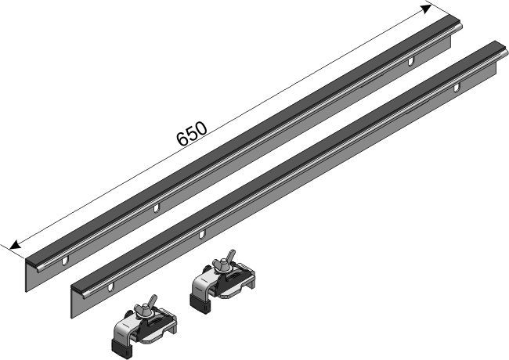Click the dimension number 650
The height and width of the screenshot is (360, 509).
pos(192,134)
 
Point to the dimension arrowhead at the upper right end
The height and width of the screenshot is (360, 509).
pos(426,9)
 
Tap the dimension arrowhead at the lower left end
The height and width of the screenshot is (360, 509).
pos(15,245)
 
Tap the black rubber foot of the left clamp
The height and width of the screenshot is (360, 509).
pos(121,348)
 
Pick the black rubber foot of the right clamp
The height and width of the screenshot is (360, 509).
pos(200,304)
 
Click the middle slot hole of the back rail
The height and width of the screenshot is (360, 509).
pos(156,207)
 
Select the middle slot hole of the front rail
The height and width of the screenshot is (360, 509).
pos(202,234)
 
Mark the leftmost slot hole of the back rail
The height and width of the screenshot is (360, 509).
pos(65,261)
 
